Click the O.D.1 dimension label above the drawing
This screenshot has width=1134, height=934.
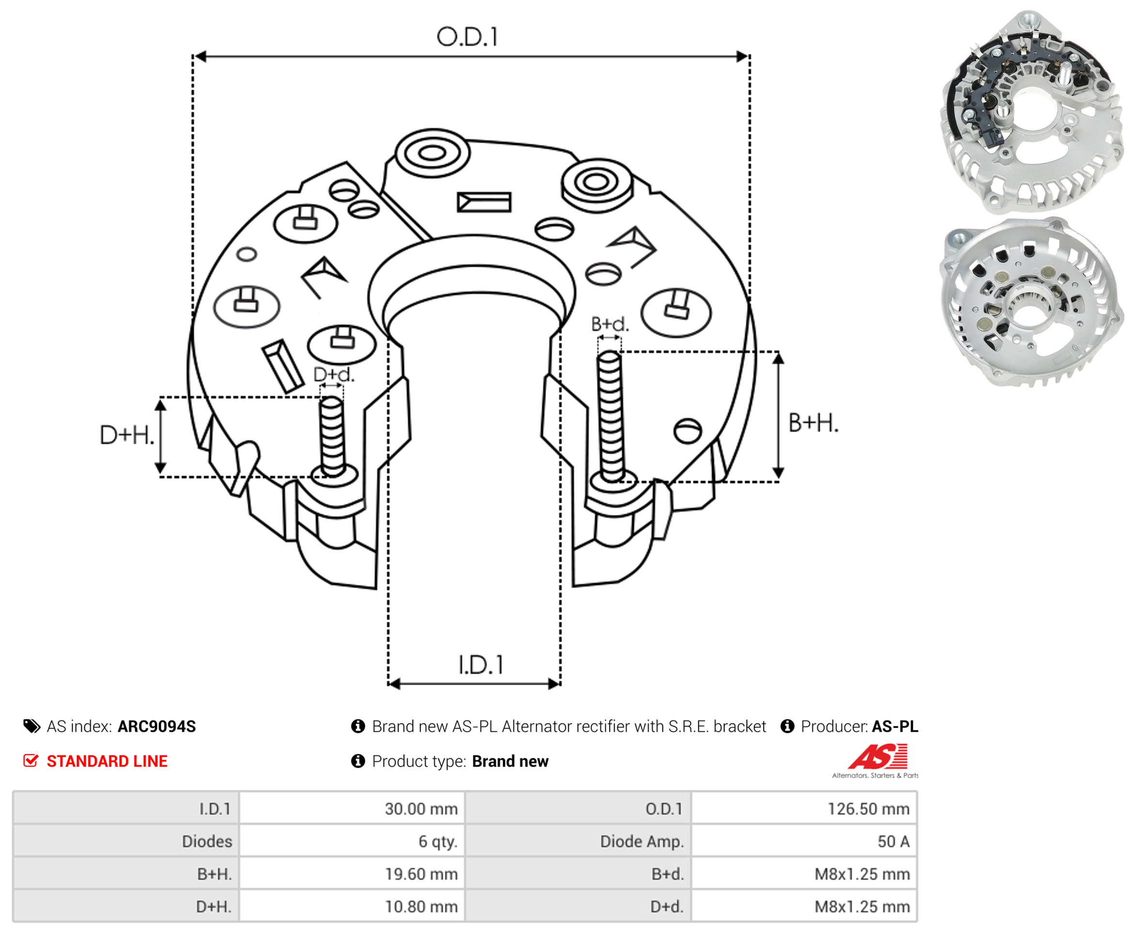pos(467,37)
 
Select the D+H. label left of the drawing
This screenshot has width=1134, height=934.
pos(127,435)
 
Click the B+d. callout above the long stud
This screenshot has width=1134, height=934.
pos(609,324)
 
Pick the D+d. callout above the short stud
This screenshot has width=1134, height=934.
pos(334,375)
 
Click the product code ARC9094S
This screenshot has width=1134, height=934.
pos(156,726)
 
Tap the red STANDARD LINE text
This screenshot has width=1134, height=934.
pos(107,761)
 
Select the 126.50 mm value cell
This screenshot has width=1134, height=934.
pos(804,809)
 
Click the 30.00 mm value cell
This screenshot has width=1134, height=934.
pos(352,809)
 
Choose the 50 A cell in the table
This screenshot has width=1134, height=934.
pos(804,842)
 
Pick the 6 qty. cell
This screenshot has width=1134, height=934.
pos(352,842)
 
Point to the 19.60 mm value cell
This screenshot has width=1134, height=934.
pos(352,874)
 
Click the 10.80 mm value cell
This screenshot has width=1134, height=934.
pos(352,906)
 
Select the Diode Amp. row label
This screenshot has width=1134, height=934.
pos(642,842)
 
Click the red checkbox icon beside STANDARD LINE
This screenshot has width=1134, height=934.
pos(31,761)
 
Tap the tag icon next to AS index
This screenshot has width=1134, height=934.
pos(32,726)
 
